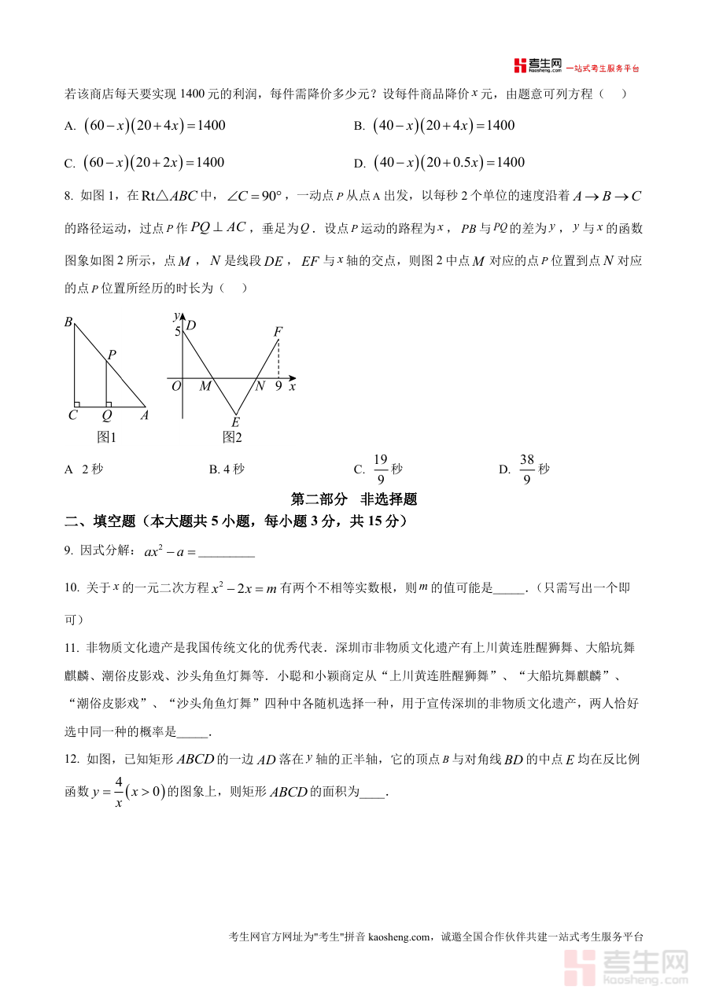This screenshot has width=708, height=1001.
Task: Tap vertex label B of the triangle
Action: pos(68,322)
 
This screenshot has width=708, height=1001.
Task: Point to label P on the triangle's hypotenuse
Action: pos(112,355)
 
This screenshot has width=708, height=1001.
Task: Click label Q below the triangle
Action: pos(107,416)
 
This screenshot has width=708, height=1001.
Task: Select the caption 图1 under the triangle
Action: pos(106,437)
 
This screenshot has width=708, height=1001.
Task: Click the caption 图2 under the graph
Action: pos(232,437)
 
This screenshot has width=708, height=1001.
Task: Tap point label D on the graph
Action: pos(190,326)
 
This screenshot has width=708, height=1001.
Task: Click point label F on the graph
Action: pos(278,332)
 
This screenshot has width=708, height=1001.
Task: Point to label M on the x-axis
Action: pos(205,386)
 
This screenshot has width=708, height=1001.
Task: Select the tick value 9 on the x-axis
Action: pos(278,386)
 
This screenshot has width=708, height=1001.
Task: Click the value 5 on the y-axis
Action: pos(178,332)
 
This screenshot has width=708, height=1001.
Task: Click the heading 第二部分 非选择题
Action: pos(354,499)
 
